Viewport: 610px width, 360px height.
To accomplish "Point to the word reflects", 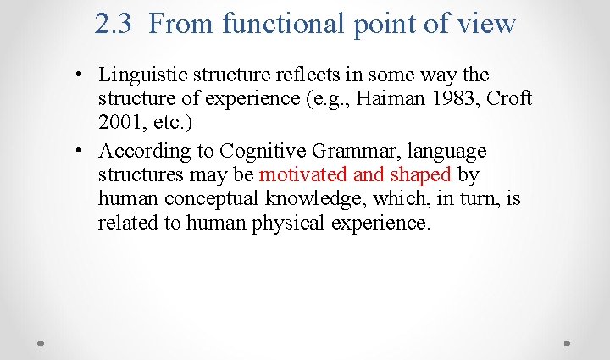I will pos(316,75).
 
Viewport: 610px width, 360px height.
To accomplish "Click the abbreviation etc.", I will pos(168,123).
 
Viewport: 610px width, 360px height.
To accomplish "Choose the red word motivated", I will pos(302,175).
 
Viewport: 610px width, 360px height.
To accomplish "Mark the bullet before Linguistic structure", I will pos(78,76).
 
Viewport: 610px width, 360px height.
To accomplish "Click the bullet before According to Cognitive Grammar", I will pos(78,152).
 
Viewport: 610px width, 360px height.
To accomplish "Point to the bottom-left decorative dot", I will pos(42,344).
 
